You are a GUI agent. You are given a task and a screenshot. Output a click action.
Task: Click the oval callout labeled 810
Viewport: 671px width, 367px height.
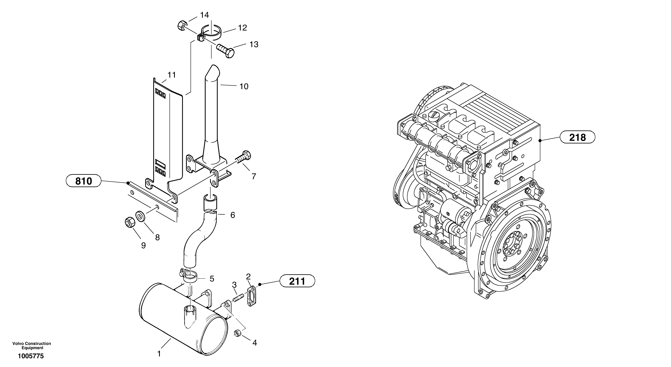83,181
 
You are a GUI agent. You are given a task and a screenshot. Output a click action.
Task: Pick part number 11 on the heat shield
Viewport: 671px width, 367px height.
172,75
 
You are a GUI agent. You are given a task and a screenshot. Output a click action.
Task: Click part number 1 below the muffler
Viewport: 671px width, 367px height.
159,354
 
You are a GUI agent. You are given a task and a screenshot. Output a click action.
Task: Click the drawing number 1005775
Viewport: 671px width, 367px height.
31,356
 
